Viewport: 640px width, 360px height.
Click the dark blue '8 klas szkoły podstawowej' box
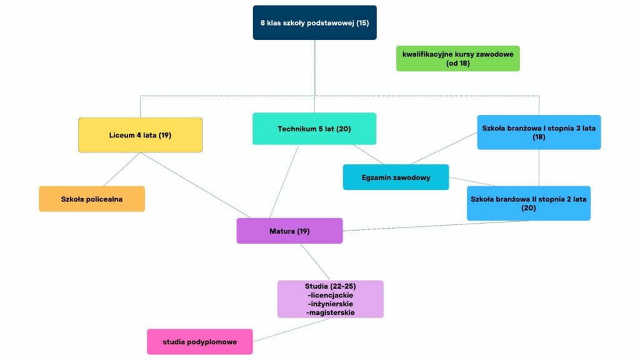(314, 22)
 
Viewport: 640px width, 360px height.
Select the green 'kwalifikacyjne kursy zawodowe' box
(457, 58)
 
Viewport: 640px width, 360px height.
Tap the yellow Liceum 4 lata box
(140, 135)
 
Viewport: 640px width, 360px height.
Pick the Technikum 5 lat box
(314, 129)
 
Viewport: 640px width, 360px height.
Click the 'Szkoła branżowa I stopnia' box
(539, 132)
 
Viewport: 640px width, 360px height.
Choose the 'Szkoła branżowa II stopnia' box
(528, 203)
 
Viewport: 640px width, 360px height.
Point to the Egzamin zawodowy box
(396, 177)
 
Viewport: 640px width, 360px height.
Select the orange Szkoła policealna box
(92, 199)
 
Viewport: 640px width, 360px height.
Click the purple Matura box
(289, 231)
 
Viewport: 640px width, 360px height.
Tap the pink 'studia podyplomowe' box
(199, 342)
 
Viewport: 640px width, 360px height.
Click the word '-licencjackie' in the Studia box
(330, 295)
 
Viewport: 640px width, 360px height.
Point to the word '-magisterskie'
(330, 312)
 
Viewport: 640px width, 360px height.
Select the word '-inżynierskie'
(330, 304)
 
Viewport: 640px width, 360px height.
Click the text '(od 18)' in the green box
(457, 63)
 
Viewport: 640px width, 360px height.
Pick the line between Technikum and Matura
(284, 181)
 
